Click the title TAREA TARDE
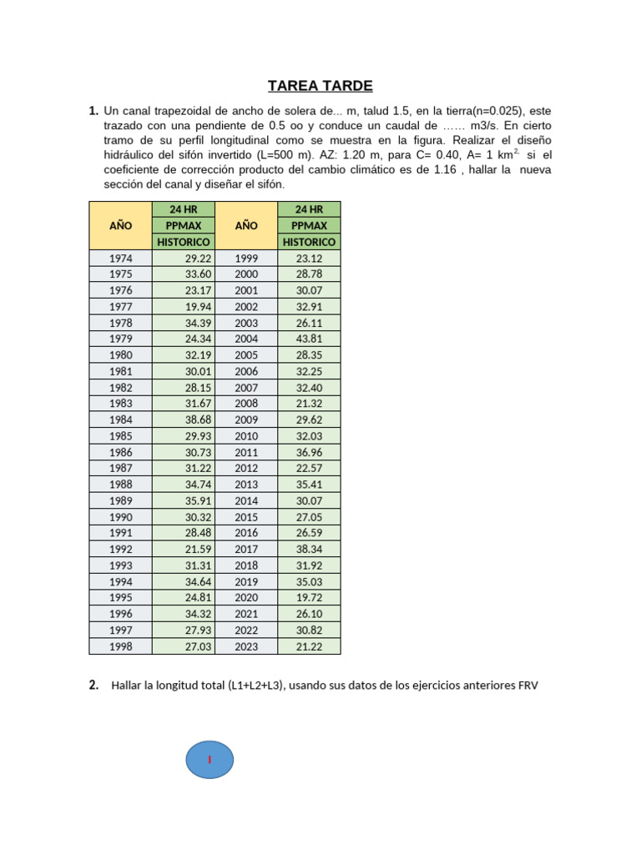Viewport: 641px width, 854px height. coord(320,86)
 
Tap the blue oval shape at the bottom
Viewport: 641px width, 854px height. coord(209,760)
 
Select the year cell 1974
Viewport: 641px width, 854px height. coord(120,259)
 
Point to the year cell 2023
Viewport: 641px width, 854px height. coord(246,646)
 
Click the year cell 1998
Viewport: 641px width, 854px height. coord(120,646)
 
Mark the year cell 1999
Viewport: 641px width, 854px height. coord(246,259)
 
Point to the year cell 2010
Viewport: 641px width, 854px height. coord(246,436)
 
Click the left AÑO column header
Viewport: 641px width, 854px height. coord(120,225)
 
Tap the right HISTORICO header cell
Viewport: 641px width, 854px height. coord(309,242)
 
